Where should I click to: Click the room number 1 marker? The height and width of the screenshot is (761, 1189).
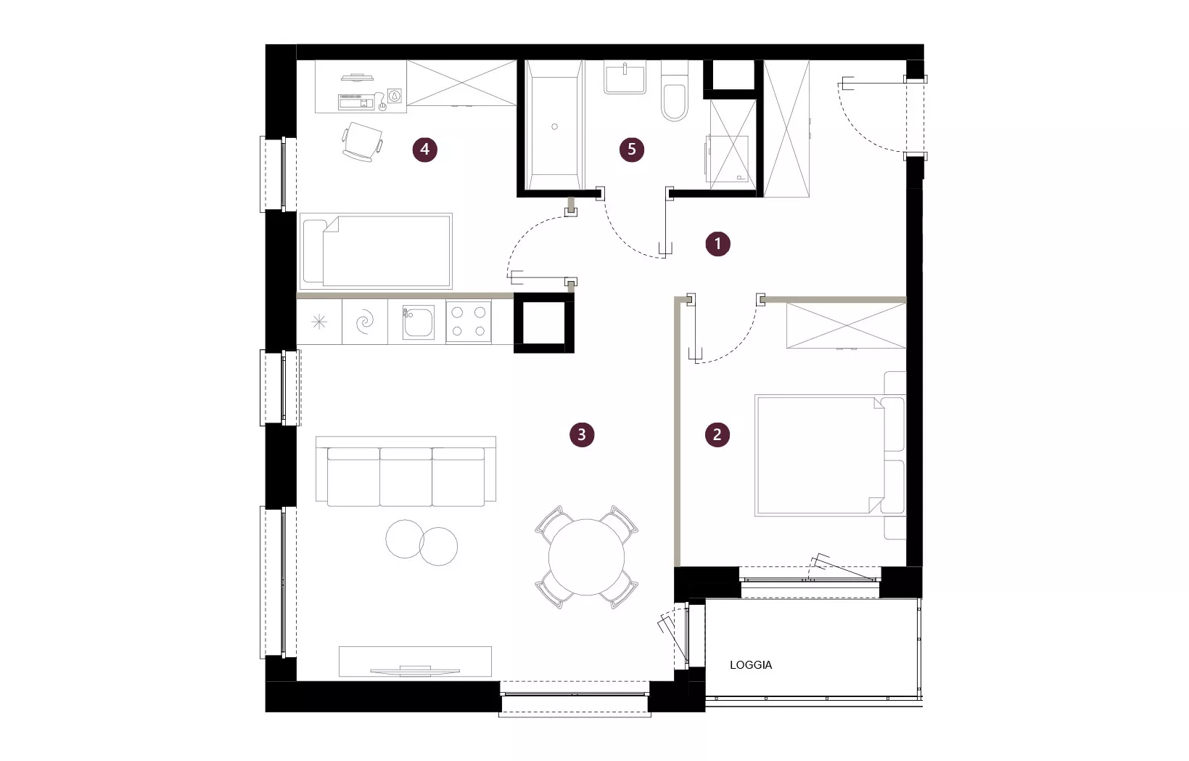(717, 244)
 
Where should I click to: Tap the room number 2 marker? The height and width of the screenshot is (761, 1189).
(717, 435)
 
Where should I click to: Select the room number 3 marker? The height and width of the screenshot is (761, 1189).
(582, 435)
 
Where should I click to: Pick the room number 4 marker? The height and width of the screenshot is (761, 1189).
(424, 150)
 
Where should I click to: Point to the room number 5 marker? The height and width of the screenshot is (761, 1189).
(632, 150)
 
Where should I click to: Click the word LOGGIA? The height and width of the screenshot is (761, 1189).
(751, 665)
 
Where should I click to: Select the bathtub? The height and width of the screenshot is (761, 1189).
(554, 125)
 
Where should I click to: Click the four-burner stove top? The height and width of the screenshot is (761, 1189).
(469, 322)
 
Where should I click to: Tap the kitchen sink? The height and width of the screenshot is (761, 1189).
(419, 322)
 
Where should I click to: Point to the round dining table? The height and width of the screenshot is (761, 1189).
(587, 557)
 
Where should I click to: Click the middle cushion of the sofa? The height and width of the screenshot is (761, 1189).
(406, 476)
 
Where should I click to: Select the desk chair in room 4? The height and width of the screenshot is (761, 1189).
(362, 142)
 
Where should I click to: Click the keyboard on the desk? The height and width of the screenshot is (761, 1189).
(357, 102)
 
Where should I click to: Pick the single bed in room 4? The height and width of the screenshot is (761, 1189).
(376, 251)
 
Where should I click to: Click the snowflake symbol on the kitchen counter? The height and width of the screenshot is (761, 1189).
(319, 322)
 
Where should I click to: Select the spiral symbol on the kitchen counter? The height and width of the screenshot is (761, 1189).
(365, 322)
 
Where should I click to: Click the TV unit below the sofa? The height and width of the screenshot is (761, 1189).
(415, 662)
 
